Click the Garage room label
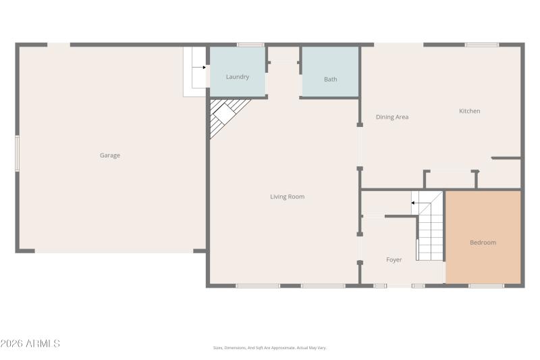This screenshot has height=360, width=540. [110, 155]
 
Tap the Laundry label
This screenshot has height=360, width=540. [238, 77]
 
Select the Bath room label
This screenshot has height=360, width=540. [330, 80]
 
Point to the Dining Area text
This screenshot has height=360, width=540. [392, 117]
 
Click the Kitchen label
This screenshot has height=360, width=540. [469, 111]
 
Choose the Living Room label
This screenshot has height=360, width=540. [287, 197]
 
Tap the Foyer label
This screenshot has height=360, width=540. [394, 259]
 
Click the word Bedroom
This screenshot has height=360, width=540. [483, 242]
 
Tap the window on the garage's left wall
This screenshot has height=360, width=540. [17, 153]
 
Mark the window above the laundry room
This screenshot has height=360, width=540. [250, 45]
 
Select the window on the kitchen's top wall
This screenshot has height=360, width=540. [481, 45]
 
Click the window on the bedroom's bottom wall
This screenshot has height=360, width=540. [486, 286]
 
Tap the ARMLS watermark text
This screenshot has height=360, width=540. [30, 344]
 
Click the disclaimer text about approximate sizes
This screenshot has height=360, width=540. [269, 348]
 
